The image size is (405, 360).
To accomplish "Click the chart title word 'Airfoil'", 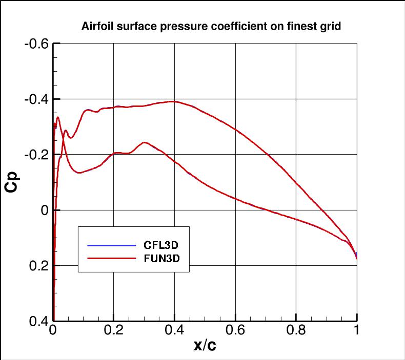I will coord(96,27).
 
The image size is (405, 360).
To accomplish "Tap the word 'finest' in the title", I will coord(295,27).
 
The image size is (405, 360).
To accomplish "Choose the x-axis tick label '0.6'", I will coord(235,330).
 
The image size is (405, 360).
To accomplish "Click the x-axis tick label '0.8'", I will coord(296,330).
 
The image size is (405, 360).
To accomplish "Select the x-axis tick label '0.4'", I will coord(174,330).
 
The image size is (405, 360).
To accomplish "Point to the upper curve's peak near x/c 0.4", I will coord(174,101).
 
